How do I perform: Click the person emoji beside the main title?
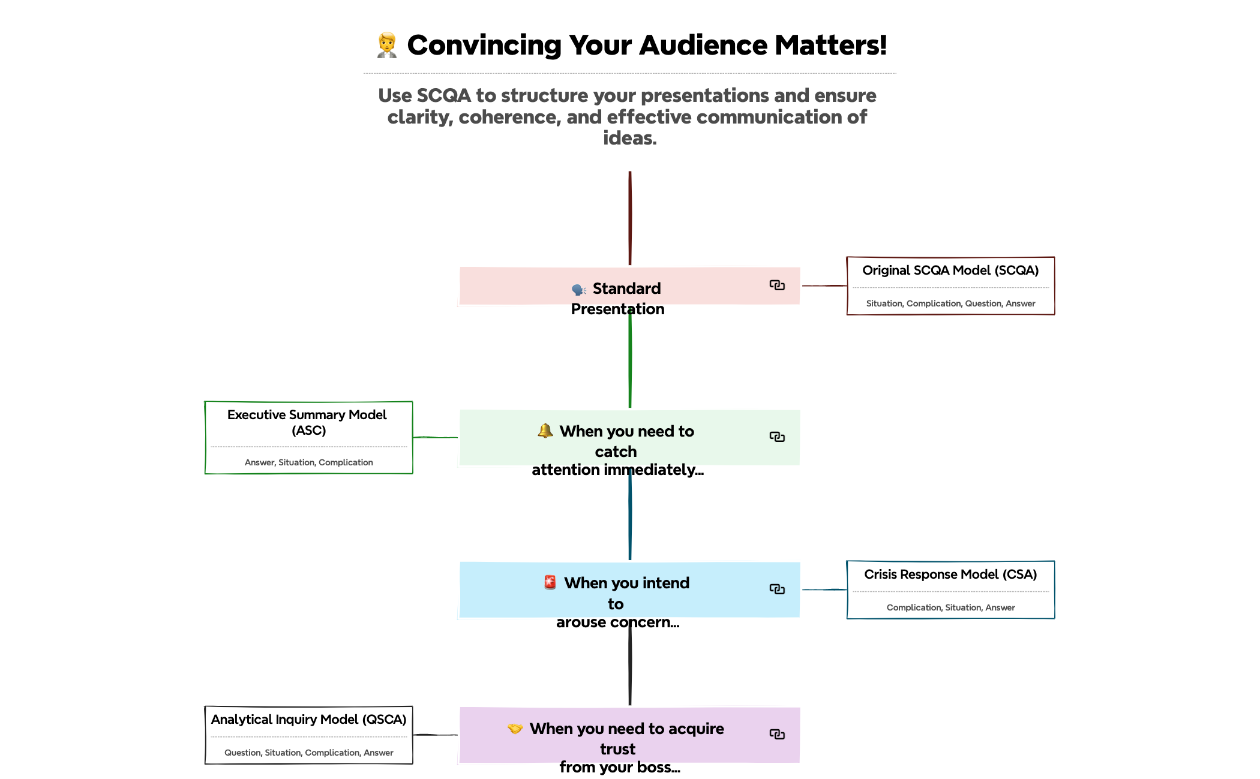pos(387,46)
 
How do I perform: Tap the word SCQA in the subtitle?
pos(443,95)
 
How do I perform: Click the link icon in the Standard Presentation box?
pos(777,285)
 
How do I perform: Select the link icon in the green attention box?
pos(777,437)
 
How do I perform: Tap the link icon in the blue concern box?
pos(777,589)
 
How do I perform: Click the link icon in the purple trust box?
pos(777,734)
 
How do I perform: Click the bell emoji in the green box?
pos(545,431)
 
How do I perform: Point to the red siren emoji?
pos(550,582)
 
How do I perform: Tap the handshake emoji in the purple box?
pos(515,729)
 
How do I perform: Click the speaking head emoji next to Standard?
pos(578,290)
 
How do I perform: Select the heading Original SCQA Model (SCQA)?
pos(950,270)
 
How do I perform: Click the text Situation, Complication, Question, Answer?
pos(950,303)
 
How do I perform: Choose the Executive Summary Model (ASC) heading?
pos(308,422)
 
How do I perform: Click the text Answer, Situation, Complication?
pos(308,462)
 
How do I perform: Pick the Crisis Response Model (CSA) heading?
pos(950,575)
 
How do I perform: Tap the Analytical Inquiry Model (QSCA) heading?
pos(308,720)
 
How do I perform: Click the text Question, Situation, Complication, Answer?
pos(308,753)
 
